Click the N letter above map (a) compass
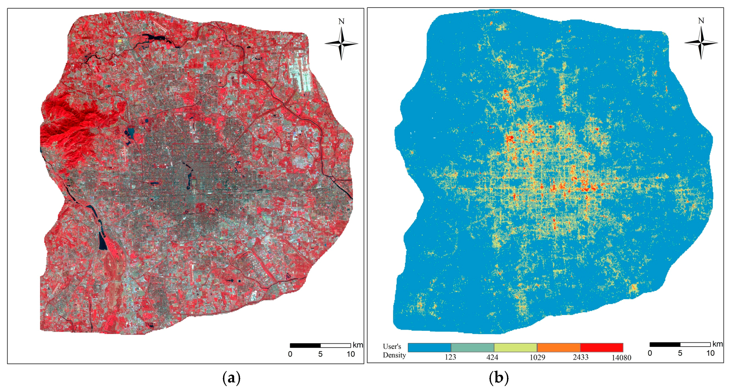pyautogui.click(x=341, y=21)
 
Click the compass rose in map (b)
pyautogui.click(x=701, y=43)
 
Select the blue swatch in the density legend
pyautogui.click(x=429, y=347)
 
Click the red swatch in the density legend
pyautogui.click(x=602, y=347)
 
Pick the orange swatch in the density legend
pyautogui.click(x=558, y=347)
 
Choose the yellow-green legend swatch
pyautogui.click(x=515, y=347)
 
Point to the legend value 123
pyautogui.click(x=450, y=357)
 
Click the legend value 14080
pyautogui.click(x=621, y=358)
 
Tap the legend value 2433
pyautogui.click(x=580, y=357)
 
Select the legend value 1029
pyautogui.click(x=537, y=357)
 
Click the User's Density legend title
pyautogui.click(x=394, y=351)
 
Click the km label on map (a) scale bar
pyautogui.click(x=358, y=345)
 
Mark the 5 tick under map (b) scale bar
pyautogui.click(x=680, y=353)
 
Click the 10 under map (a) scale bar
pyautogui.click(x=351, y=354)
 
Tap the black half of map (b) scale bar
pyautogui.click(x=665, y=345)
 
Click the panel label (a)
pyautogui.click(x=231, y=378)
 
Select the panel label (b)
pyautogui.click(x=498, y=378)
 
